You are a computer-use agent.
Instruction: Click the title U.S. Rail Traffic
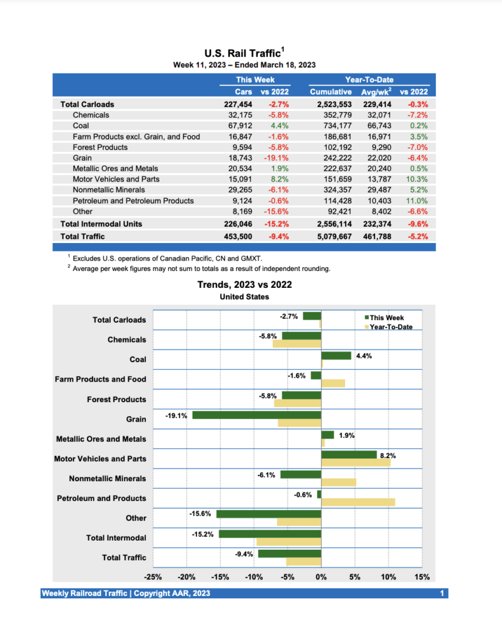pos(242,54)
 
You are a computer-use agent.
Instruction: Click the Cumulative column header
pos(331,92)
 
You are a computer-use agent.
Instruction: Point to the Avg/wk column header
pos(375,92)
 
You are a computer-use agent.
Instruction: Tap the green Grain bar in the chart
pos(256,415)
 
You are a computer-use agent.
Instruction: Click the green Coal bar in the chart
pos(336,355)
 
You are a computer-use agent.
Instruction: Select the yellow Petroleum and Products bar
pos(358,502)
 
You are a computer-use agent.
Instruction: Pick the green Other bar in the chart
pos(269,514)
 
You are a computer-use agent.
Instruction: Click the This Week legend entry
pos(387,318)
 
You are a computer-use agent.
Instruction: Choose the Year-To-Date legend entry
pos(391,327)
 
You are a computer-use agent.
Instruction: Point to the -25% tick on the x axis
pos(153,577)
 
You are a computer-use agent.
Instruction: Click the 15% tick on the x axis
pos(422,577)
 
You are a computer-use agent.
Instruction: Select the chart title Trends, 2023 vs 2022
pos(244,284)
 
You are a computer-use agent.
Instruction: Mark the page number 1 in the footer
pos(442,593)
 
